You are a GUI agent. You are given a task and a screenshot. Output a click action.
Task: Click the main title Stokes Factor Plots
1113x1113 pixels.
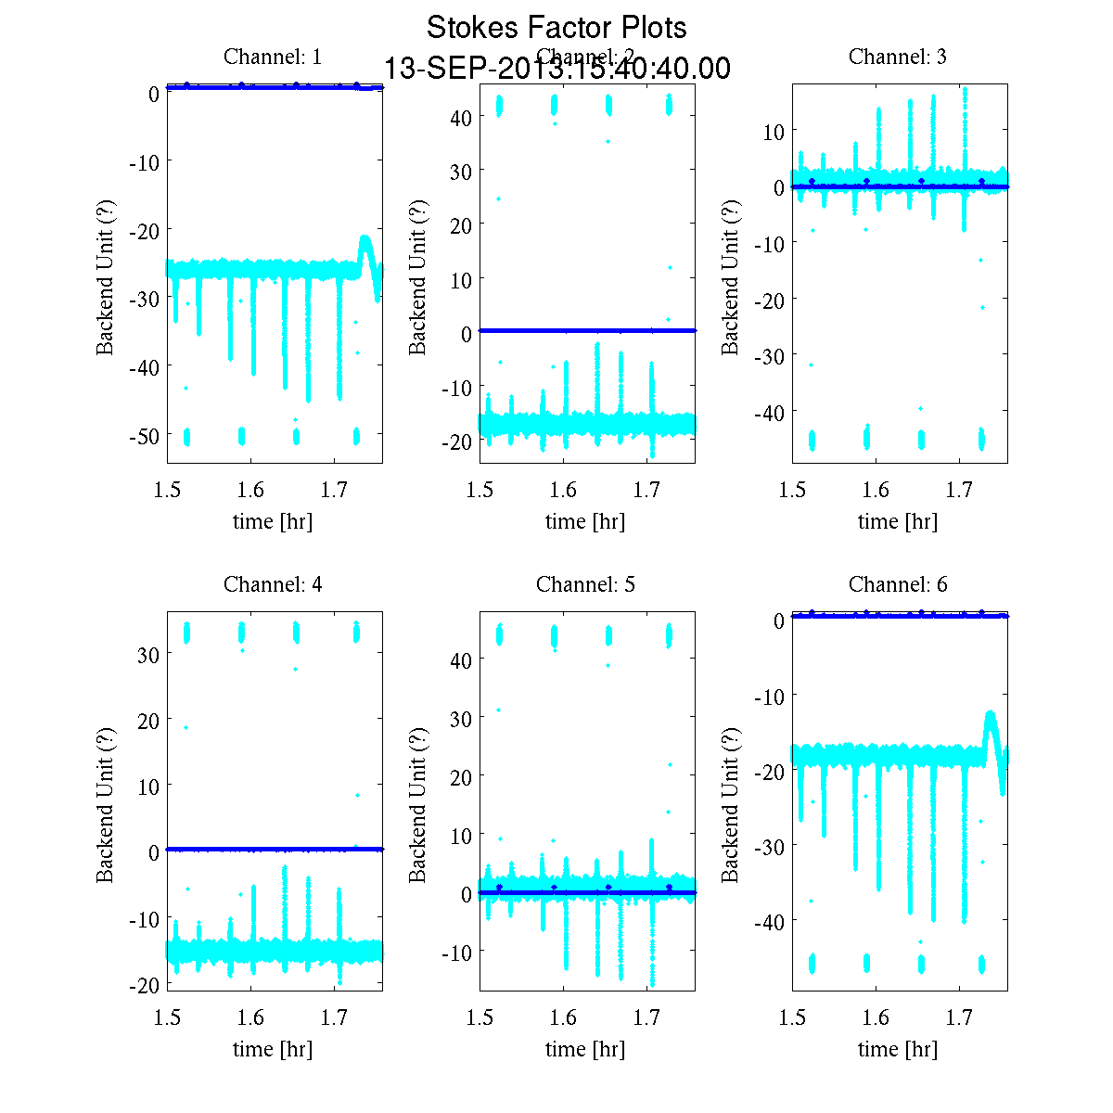(556, 28)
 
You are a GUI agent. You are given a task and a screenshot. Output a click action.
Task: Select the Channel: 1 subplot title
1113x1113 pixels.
(273, 57)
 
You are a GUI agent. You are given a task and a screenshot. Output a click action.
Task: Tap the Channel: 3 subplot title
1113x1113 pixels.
(898, 57)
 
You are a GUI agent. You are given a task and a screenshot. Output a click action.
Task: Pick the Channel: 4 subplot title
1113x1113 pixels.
(273, 584)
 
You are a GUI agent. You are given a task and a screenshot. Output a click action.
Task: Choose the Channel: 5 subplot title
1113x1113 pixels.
(585, 584)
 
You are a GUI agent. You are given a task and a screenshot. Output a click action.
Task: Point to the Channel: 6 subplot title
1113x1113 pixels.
(898, 584)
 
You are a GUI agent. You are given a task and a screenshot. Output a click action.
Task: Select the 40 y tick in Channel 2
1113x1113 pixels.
(461, 117)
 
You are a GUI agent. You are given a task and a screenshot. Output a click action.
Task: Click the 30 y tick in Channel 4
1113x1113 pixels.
(148, 654)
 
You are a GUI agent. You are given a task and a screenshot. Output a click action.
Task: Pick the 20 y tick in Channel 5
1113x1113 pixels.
(461, 775)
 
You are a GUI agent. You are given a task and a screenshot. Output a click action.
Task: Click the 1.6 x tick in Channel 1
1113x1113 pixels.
(250, 490)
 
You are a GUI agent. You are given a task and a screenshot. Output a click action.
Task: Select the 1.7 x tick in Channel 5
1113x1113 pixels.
(647, 1017)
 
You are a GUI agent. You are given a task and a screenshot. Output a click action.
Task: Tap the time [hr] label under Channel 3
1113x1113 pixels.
(898, 521)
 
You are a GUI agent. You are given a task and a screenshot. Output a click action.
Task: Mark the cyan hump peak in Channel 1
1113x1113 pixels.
(365, 237)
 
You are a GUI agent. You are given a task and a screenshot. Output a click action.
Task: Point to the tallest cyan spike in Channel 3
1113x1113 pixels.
(966, 90)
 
